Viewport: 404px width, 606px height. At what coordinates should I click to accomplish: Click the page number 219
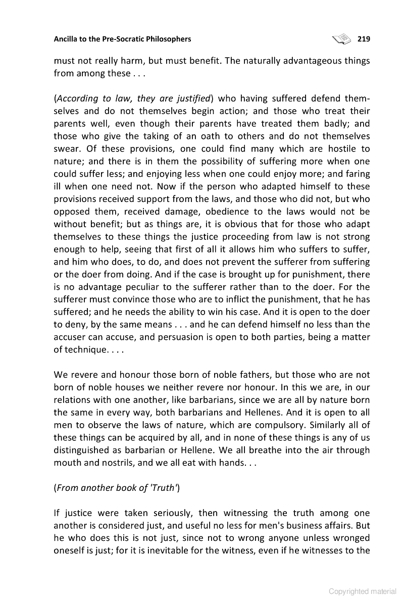point(364,39)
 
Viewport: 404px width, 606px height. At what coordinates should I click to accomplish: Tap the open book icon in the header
point(342,38)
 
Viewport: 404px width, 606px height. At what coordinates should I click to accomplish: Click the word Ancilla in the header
point(67,39)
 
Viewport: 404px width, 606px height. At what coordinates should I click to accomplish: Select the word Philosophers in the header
point(168,39)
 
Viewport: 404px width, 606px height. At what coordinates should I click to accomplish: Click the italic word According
point(76,98)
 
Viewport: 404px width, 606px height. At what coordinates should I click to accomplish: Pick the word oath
point(200,136)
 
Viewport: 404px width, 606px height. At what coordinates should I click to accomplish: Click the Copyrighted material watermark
point(362,591)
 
